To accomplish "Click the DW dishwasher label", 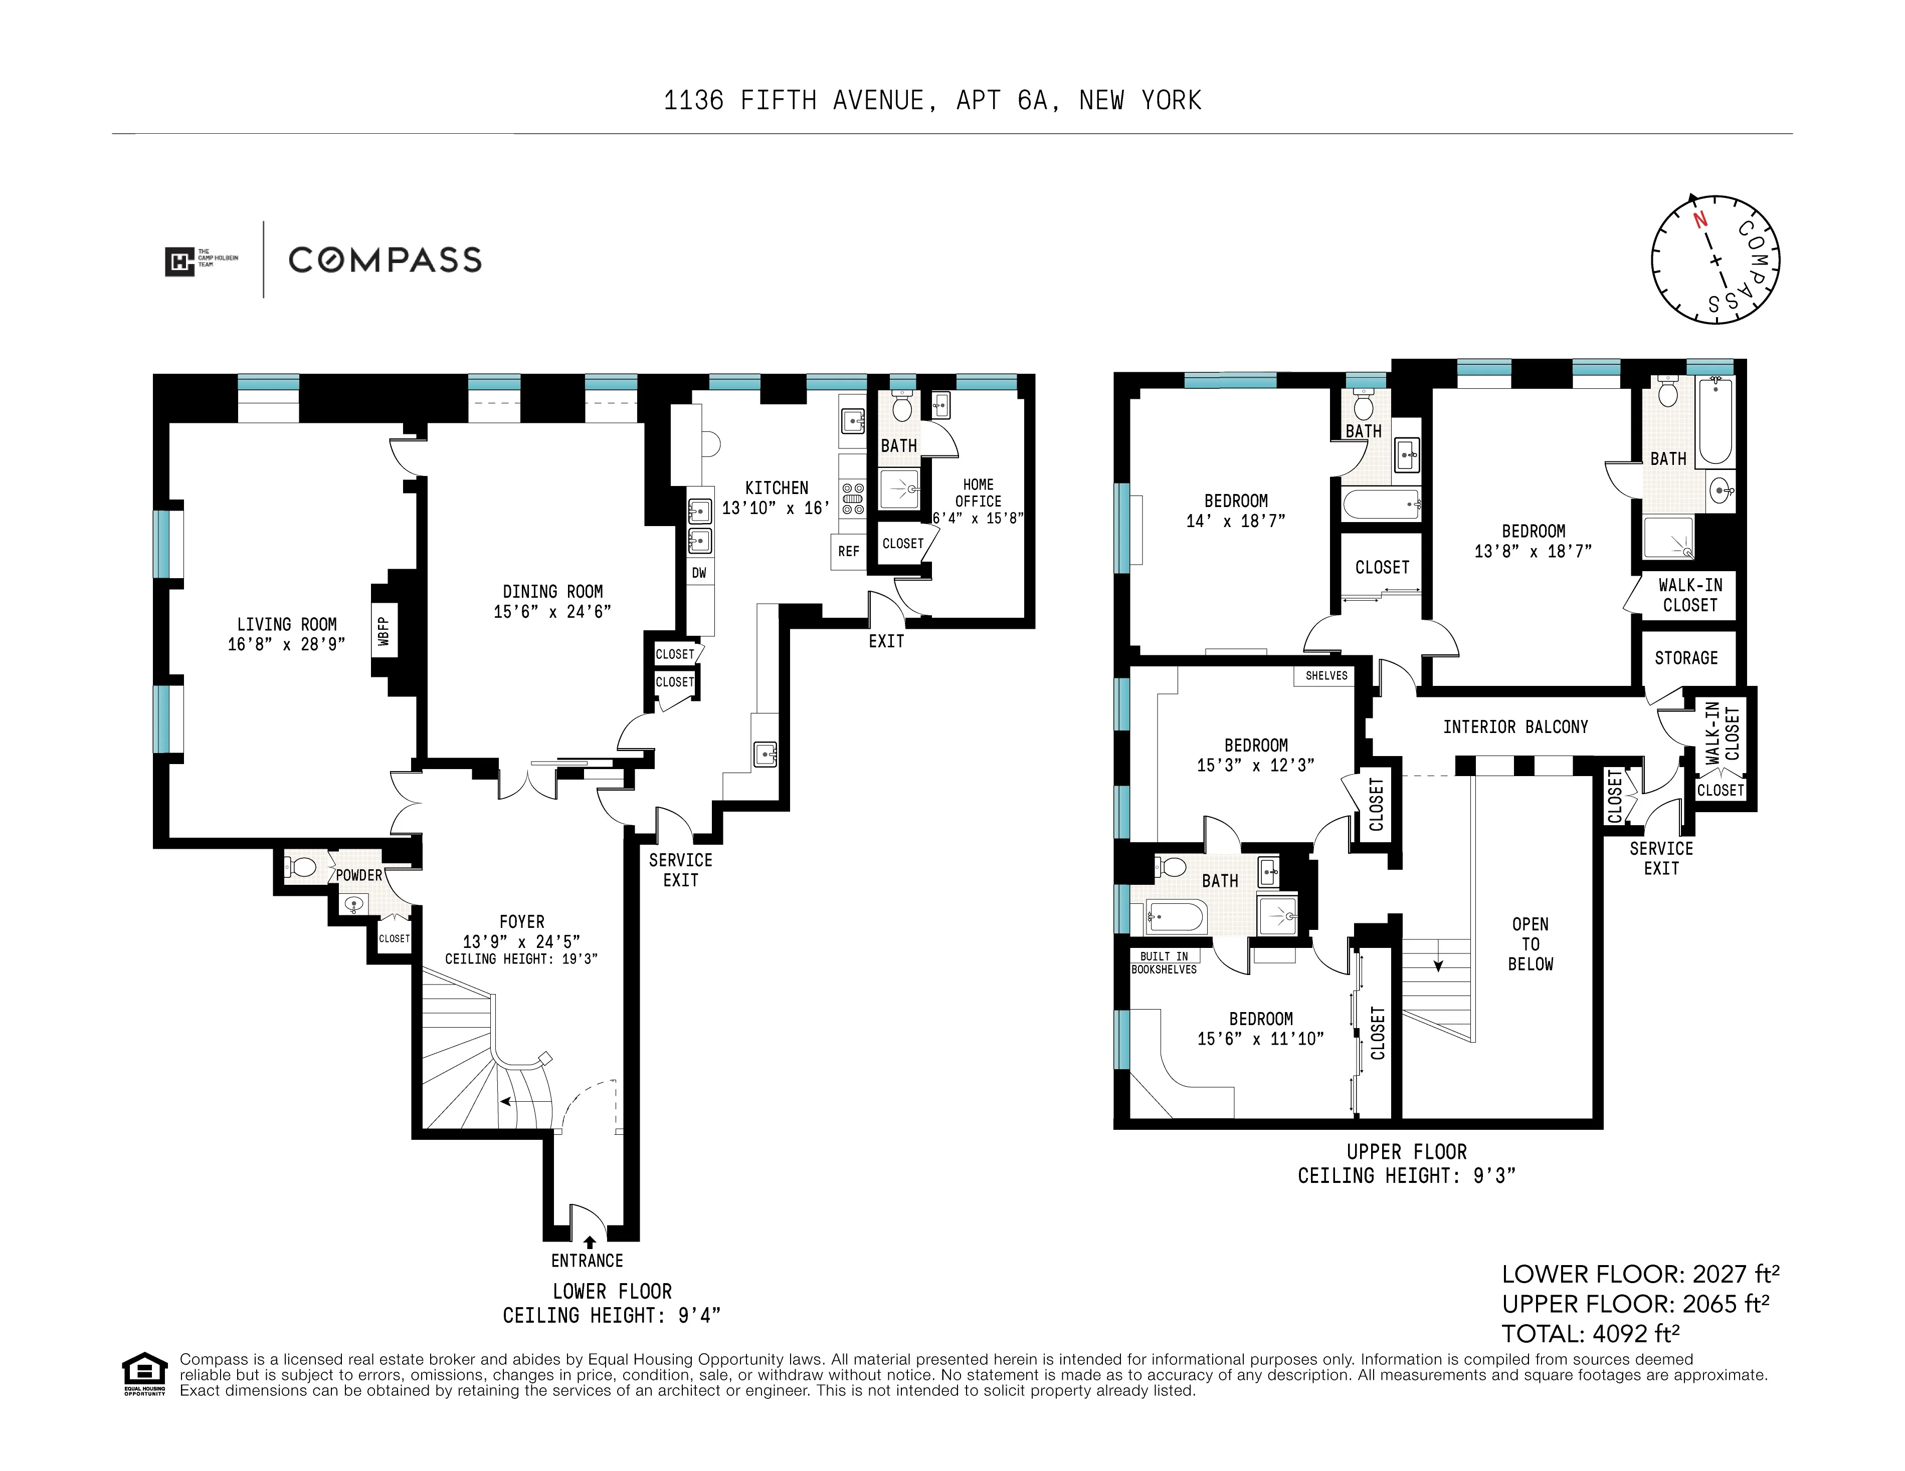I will pyautogui.click(x=699, y=573).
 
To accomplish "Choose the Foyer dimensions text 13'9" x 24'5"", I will pyautogui.click(x=521, y=942).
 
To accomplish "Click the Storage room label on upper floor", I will pyautogui.click(x=1685, y=658).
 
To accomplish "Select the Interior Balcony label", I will pyautogui.click(x=1515, y=727).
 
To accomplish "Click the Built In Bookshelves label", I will pyautogui.click(x=1164, y=962).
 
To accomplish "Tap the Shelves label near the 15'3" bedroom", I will pyautogui.click(x=1326, y=676).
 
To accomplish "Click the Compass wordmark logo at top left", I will pyautogui.click(x=385, y=260).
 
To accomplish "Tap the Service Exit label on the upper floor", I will pyautogui.click(x=1661, y=858).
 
